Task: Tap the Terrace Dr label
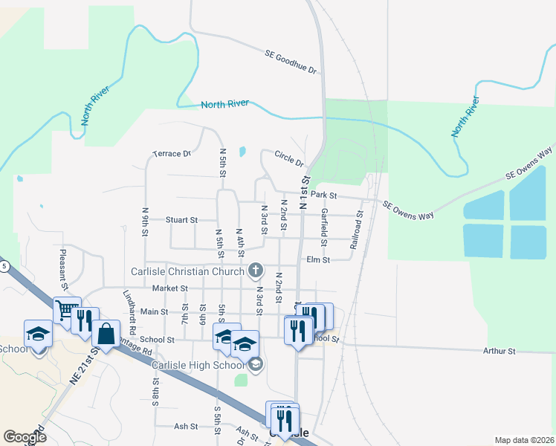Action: pos(172,154)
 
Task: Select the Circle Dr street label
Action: pos(289,158)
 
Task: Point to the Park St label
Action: pos(324,195)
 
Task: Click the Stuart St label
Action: pos(181,220)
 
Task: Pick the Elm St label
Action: pos(317,260)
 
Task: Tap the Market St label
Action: pos(167,288)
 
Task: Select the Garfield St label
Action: pos(324,228)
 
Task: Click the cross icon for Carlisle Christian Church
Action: pos(255,271)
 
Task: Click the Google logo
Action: pos(25,437)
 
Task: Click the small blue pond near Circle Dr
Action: pos(242,152)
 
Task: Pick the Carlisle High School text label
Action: pos(198,365)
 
